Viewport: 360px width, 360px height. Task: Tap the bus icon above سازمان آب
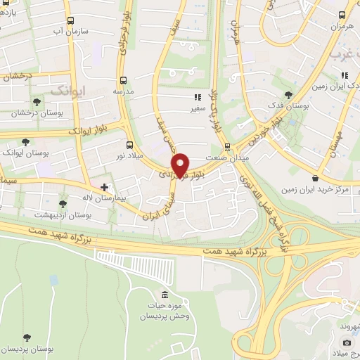coord(70,20)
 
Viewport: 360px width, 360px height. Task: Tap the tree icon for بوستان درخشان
coord(37,102)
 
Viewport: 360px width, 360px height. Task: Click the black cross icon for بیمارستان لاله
coord(105,187)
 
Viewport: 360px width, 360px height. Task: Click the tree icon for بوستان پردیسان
coord(25,338)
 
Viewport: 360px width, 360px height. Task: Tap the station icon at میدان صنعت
coord(227,147)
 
